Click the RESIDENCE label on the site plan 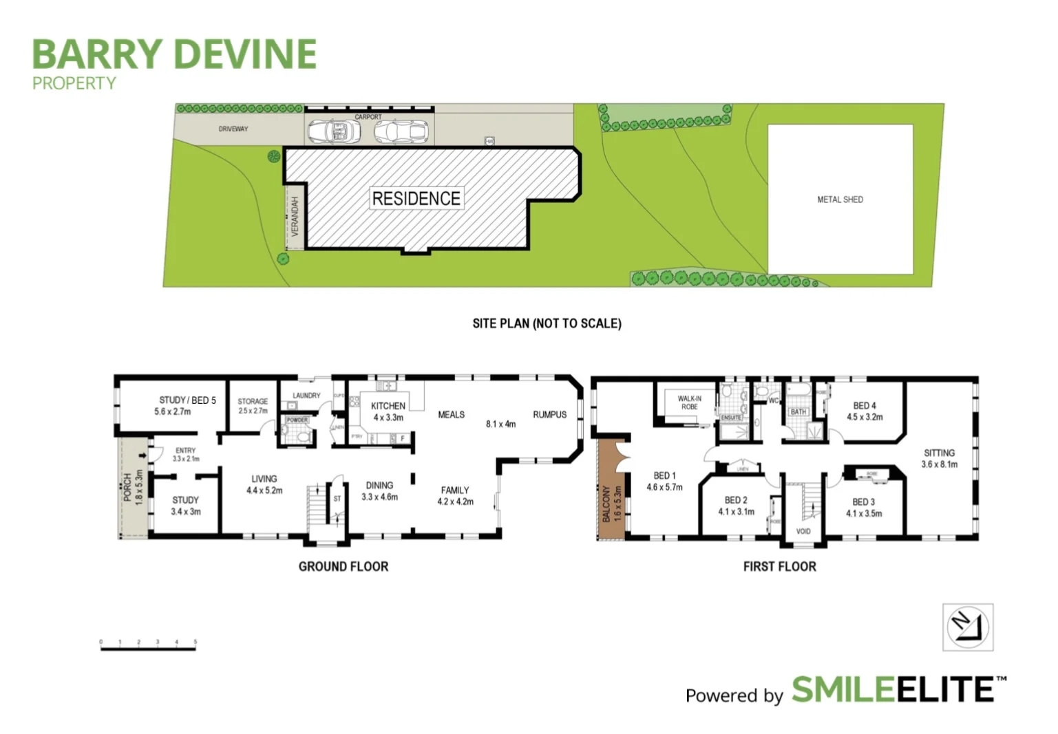(416, 199)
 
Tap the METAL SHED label (840, 199)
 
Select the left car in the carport (331, 131)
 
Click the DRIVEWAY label (233, 129)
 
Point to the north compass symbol (967, 627)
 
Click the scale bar (148, 646)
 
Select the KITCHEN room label (388, 406)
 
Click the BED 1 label (664, 475)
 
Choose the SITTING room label (939, 453)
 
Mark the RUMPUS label (549, 414)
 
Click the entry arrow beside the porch (142, 455)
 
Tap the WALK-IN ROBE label (689, 402)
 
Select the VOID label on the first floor (803, 531)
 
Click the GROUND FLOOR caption (343, 566)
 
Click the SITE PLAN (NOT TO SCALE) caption (547, 323)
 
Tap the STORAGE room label (253, 401)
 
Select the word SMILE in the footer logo (843, 689)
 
